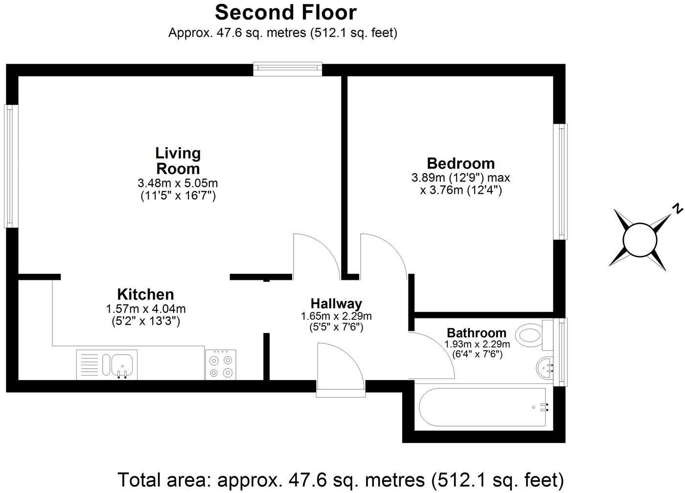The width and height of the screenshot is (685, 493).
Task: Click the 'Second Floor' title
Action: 286,12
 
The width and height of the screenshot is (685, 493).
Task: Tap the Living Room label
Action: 178,161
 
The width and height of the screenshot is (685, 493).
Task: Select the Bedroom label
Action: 460,163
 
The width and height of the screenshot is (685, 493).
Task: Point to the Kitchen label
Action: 145,294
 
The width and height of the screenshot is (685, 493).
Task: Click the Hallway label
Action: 336,304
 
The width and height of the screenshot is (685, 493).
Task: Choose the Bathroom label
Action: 476,333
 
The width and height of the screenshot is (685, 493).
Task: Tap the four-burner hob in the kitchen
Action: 221,365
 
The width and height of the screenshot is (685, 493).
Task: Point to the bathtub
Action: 482,406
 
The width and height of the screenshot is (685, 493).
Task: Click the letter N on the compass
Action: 677,209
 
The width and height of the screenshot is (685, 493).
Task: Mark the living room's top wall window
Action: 288,69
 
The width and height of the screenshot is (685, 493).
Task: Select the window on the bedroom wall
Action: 561,181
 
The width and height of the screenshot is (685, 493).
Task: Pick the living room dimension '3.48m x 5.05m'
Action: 178,183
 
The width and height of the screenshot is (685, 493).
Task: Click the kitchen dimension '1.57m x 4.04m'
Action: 145,309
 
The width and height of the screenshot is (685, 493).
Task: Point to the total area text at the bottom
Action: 341,479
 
